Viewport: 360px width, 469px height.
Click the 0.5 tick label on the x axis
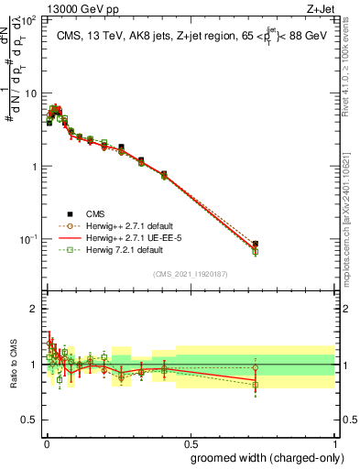click(x=191, y=442)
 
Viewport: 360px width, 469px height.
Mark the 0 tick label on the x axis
click(x=47, y=442)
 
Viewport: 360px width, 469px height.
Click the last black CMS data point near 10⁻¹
click(x=333, y=245)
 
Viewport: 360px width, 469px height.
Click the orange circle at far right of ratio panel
click(x=333, y=368)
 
